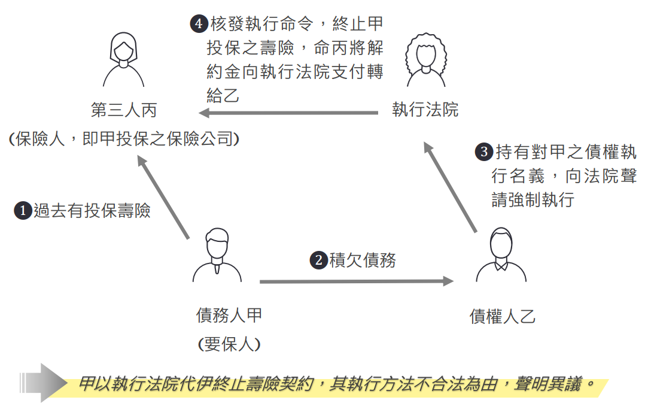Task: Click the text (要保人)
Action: coord(229,344)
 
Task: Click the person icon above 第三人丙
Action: coord(124,60)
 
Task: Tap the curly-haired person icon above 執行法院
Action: coord(425,60)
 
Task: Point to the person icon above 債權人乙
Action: coord(501,255)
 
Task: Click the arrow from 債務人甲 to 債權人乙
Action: coord(356,281)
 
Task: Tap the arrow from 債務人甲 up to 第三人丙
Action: coord(163,198)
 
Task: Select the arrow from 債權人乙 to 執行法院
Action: coord(450,187)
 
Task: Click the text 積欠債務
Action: coord(363,260)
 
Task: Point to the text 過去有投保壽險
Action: coord(92,211)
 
